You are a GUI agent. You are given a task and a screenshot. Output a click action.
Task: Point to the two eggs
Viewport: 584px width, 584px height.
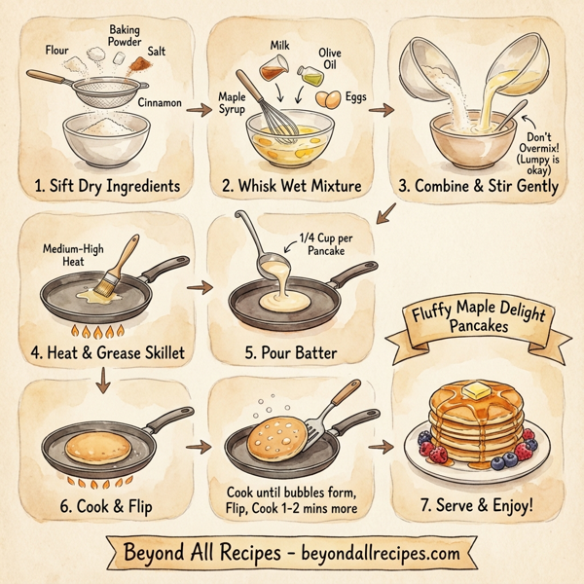point(331,98)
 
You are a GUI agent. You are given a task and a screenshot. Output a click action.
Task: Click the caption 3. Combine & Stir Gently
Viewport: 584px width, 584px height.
point(477,186)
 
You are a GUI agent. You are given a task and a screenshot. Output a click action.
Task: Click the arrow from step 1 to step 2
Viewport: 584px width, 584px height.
point(198,111)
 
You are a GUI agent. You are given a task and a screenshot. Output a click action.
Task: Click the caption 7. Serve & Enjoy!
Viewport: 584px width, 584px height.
point(478,505)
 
